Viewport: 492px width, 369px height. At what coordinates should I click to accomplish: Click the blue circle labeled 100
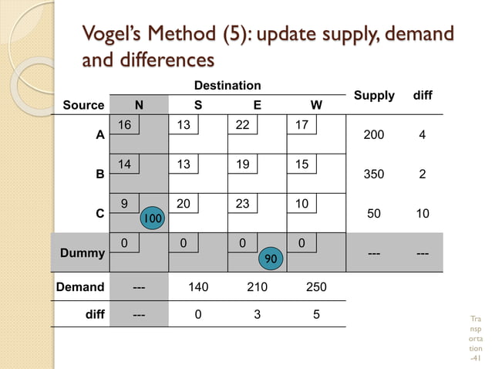(x=153, y=219)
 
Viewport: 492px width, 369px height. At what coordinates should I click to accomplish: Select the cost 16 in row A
(x=124, y=124)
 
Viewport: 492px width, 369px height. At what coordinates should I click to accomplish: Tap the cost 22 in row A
(x=242, y=124)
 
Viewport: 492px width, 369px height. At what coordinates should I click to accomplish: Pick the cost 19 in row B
(x=242, y=164)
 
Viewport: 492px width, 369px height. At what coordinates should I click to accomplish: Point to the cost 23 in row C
(x=242, y=203)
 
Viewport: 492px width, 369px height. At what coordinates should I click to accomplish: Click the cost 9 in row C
(x=124, y=203)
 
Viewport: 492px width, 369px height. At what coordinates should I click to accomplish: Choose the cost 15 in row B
(x=302, y=164)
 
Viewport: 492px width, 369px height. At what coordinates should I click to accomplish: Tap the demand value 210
(x=257, y=287)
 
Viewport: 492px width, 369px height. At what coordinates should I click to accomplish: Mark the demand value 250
(x=316, y=287)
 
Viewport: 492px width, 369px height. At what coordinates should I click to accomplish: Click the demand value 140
(x=198, y=287)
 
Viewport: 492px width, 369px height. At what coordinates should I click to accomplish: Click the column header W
(x=316, y=104)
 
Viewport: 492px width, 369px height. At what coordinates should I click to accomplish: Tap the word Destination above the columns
(x=227, y=85)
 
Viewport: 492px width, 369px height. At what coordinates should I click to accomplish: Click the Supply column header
(x=374, y=96)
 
